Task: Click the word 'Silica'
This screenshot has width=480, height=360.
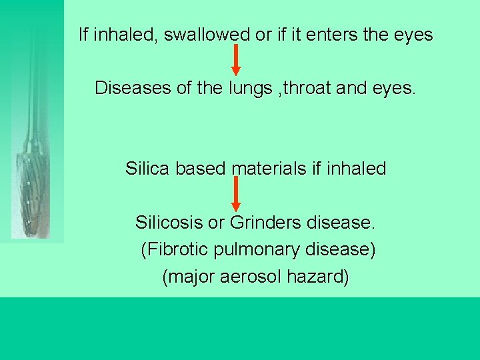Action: coord(148,169)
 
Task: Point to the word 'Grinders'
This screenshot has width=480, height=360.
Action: coord(262,222)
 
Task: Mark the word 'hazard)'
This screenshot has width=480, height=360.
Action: coord(318,277)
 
